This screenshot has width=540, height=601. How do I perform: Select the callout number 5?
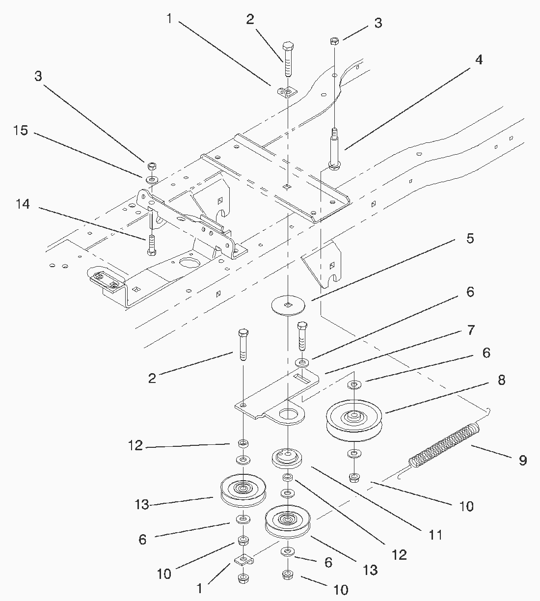coord(470,239)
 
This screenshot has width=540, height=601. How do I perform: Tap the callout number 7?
coord(470,330)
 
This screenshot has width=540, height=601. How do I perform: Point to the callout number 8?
coord(501,380)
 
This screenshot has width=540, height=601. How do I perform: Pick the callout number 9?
coord(522,460)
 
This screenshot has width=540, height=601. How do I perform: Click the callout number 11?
coord(435,534)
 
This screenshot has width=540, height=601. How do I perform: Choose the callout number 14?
coord(23,204)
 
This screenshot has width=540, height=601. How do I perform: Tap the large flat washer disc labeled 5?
coord(288,305)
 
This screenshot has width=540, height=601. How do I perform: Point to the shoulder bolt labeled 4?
coord(334,150)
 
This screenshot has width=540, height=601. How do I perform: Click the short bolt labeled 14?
coord(152,245)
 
